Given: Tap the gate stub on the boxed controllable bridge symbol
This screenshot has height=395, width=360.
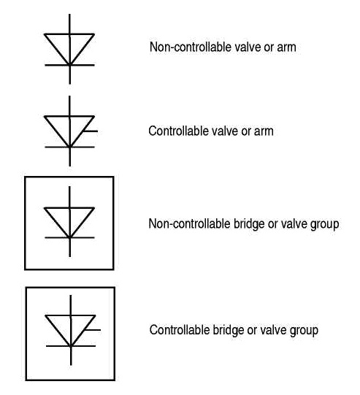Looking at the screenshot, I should (93, 329).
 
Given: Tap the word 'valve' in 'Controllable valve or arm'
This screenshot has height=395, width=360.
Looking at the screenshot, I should (220, 132).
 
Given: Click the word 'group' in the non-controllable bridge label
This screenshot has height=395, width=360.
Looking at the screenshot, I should (323, 223).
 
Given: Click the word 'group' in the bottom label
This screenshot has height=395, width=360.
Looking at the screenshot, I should (303, 329).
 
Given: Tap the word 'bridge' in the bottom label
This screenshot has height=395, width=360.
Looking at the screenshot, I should (223, 329).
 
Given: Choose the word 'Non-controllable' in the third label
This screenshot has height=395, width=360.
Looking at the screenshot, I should (185, 223).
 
